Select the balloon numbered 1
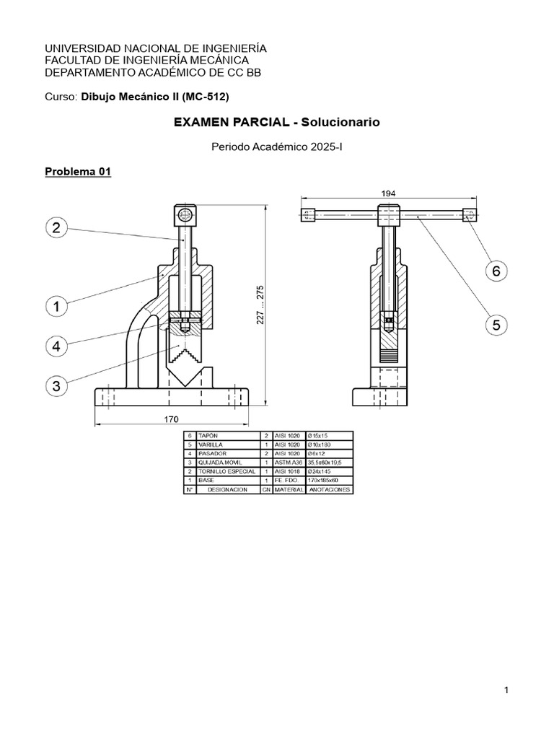coord(56,307)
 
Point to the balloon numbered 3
coord(56,385)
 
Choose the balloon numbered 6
coord(496,271)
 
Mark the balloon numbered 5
coord(496,325)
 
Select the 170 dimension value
coord(171,419)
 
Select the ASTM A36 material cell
coord(289,462)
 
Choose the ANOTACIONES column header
coord(330,489)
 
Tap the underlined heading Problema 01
coord(77,172)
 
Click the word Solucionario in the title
coord(339,123)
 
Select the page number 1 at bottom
coord(506,691)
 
